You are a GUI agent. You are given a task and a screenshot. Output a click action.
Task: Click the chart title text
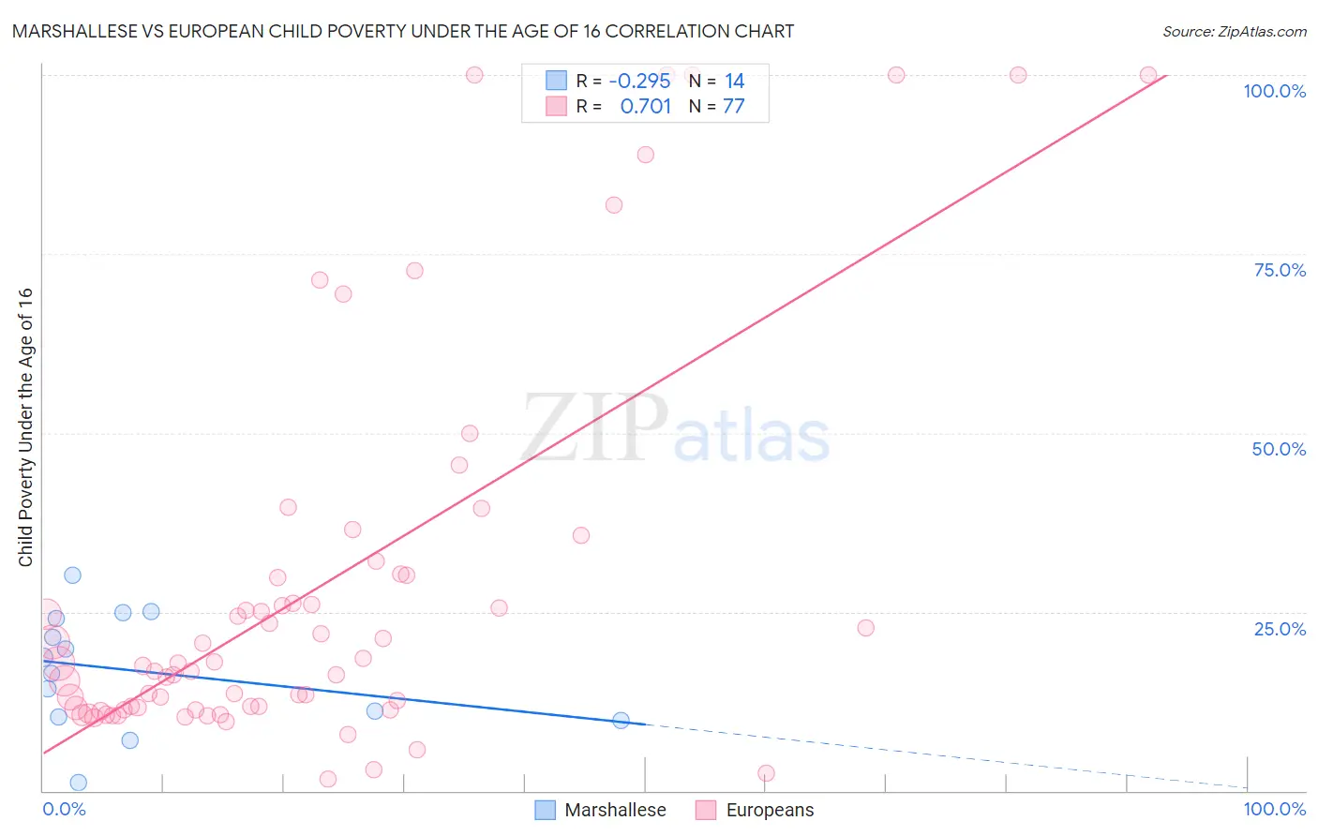click(403, 31)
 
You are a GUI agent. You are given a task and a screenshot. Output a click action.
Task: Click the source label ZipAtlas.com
click(1234, 31)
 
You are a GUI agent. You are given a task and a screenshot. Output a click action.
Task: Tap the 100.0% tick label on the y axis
click(1274, 91)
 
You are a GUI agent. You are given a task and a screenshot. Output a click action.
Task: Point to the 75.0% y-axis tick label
click(1280, 270)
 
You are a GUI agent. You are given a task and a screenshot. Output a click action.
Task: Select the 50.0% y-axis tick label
click(1279, 449)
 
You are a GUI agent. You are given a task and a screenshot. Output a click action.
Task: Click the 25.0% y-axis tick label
click(1280, 629)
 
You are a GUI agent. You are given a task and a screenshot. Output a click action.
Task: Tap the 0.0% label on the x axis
click(64, 809)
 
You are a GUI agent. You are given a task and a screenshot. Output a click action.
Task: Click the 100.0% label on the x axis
click(1274, 809)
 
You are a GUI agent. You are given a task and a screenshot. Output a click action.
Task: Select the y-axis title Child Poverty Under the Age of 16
click(25, 426)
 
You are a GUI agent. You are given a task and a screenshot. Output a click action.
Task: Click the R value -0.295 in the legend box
click(639, 82)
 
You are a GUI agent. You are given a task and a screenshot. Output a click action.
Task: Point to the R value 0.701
click(645, 107)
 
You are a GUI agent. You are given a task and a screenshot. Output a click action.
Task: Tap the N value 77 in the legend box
click(733, 107)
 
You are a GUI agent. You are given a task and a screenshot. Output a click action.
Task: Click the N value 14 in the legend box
click(734, 82)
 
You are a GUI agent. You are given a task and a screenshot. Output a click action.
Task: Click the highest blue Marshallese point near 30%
click(72, 575)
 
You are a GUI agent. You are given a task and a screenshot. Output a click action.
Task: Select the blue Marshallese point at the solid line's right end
click(621, 721)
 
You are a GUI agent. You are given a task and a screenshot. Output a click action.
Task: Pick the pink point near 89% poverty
click(645, 155)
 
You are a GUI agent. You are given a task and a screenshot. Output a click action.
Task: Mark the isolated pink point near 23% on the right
click(865, 628)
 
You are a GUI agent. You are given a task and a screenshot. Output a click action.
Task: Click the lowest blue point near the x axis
click(79, 783)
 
